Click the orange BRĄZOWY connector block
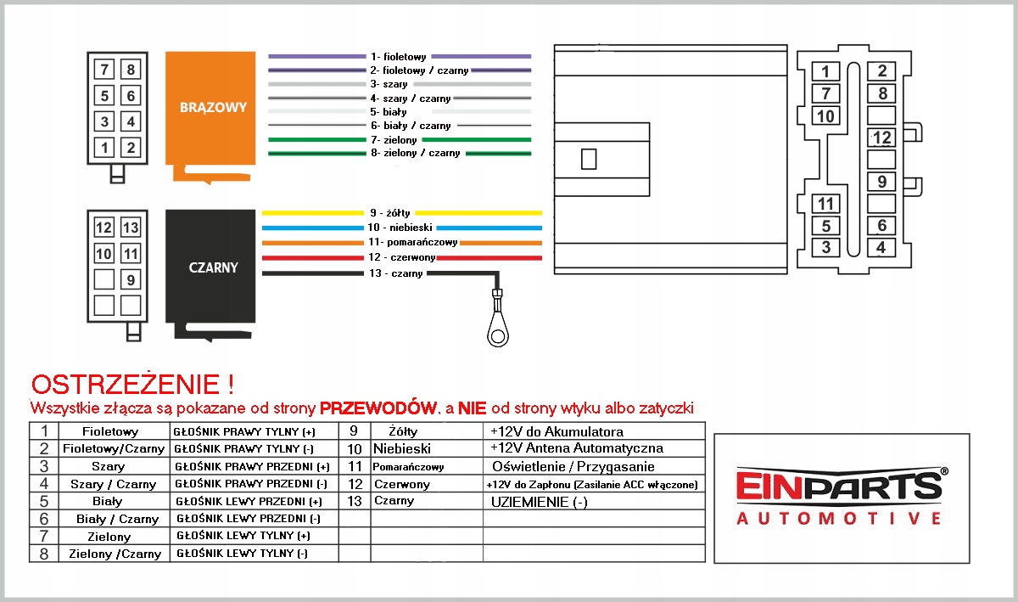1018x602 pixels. point(213,109)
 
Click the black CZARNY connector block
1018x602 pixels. point(213,267)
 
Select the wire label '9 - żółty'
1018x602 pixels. point(389,212)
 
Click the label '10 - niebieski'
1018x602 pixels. point(400,228)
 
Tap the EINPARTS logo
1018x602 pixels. point(841,487)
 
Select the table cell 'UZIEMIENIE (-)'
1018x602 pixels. point(540,502)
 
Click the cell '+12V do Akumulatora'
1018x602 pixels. point(557,431)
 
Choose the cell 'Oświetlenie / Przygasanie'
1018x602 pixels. point(573,466)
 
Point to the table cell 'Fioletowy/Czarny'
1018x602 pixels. point(114,448)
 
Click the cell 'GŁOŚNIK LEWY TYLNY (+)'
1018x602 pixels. point(243,536)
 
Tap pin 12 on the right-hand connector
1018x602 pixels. point(882,138)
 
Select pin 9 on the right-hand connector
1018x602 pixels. point(882,182)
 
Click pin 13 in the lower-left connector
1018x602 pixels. point(130,228)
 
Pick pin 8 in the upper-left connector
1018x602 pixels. point(130,70)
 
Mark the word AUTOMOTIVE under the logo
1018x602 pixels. point(839,519)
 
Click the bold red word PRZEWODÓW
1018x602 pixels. point(378,408)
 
